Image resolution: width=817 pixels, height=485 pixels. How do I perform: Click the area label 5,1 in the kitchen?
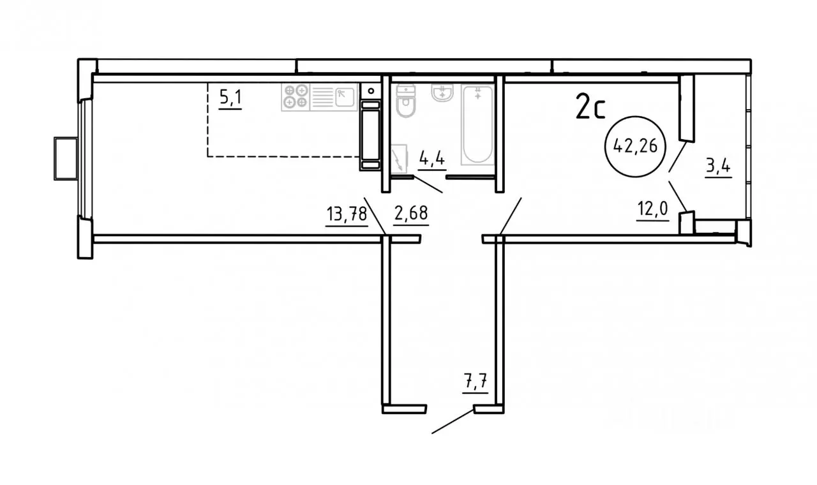230,98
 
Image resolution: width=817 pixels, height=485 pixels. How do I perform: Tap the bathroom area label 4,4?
432,159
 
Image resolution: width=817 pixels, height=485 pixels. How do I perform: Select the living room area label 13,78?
347,214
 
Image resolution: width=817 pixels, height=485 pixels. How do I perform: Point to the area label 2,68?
410,213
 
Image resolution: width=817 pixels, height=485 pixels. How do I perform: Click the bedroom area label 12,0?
652,209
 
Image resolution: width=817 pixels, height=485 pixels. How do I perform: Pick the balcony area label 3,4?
718,167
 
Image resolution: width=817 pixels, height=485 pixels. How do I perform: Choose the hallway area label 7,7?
476,382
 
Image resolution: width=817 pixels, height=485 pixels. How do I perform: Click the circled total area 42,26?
635,147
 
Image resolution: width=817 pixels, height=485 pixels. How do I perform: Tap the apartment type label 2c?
590,106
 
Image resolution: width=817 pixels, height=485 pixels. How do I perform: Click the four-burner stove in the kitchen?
296,96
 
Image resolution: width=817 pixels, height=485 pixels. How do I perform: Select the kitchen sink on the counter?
345,97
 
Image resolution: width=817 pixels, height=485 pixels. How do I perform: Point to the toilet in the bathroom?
405,101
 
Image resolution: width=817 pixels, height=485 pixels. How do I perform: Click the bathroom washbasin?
442,93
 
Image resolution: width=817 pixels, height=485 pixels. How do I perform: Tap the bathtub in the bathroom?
478,124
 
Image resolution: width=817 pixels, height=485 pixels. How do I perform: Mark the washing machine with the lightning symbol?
399,160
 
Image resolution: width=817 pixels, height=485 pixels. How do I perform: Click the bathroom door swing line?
428,185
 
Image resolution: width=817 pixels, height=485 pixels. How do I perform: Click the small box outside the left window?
66,159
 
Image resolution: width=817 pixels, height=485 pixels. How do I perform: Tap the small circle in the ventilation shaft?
371,91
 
